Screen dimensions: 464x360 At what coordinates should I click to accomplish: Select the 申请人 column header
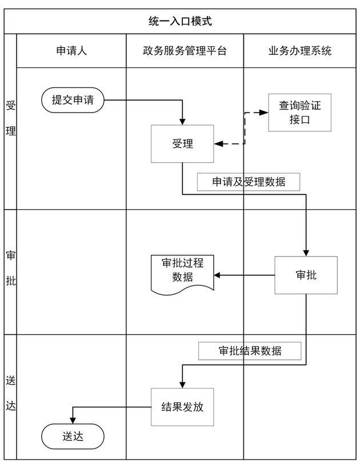pos(71,51)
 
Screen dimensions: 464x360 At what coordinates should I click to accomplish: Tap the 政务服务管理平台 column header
pos(185,51)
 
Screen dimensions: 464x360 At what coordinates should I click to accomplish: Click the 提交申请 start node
pos(73,101)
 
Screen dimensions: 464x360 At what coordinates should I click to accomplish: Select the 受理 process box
pos(182,144)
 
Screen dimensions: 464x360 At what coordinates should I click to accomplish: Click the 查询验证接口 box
pos(300,113)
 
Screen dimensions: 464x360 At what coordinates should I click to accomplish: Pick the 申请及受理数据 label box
pos(249,182)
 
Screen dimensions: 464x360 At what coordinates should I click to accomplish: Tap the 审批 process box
pos(306,275)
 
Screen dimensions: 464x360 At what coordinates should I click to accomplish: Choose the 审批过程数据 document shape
pos(182,273)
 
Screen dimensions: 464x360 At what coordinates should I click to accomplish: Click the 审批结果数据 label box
pos(250,351)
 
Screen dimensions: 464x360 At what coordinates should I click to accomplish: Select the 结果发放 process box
pos(182,407)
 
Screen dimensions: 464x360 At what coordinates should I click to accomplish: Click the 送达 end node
pos(73,437)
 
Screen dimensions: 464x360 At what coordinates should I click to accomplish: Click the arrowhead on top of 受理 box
pos(182,121)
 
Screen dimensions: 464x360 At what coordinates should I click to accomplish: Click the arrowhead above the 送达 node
pos(73,421)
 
